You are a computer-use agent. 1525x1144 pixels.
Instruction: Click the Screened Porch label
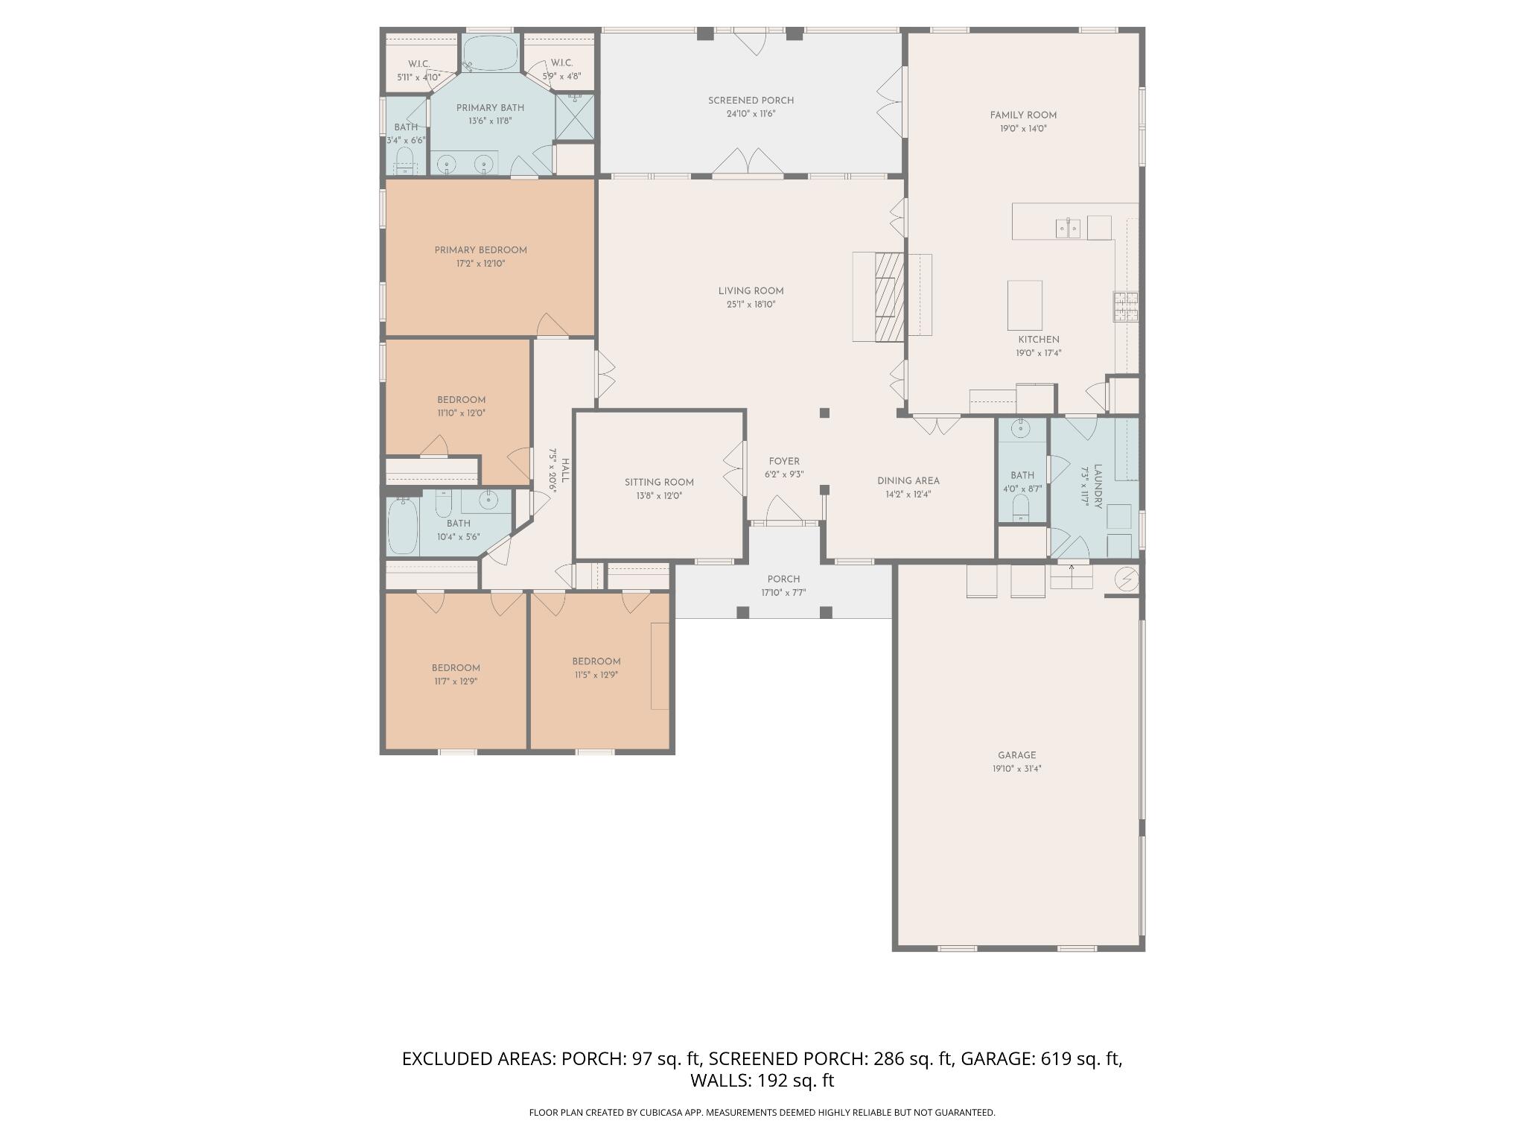[x=751, y=101]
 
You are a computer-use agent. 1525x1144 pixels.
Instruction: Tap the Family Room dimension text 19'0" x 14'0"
[x=1023, y=129]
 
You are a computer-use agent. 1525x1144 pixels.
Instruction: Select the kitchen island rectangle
[x=1025, y=305]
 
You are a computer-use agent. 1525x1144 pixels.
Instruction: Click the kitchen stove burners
[x=1125, y=306]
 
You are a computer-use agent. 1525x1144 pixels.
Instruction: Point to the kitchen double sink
[x=1068, y=228]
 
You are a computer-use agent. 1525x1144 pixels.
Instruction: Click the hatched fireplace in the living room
[x=889, y=297]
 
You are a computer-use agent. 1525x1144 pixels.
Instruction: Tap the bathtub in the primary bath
[x=491, y=54]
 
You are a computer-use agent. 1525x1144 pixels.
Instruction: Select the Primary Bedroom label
[x=480, y=250]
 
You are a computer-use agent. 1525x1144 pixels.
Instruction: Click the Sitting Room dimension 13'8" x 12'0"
[x=659, y=496]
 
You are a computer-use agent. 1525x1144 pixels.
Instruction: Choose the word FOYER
[x=784, y=462]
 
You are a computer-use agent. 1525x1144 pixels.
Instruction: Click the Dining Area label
[x=908, y=481]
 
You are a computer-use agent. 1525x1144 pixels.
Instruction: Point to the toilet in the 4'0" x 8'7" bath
[x=1021, y=509]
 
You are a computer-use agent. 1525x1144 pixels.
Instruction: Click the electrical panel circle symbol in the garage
[x=1126, y=579]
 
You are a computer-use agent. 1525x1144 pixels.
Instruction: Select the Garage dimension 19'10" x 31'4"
[x=1016, y=769]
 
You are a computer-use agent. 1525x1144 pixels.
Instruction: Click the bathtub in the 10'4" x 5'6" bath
[x=403, y=527]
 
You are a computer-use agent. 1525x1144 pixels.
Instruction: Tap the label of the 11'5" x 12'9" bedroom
[x=596, y=661]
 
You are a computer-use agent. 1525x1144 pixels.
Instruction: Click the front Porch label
[x=783, y=579]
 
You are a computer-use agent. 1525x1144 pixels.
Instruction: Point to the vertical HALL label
[x=565, y=470]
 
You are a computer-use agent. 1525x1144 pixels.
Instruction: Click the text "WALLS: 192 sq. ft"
[x=762, y=1081]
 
